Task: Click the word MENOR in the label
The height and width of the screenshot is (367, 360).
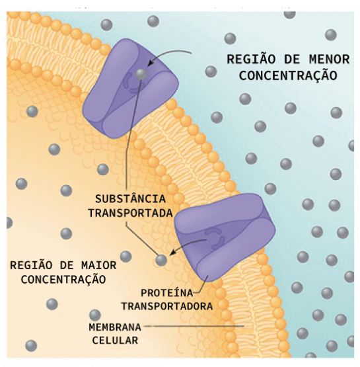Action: (x=329, y=60)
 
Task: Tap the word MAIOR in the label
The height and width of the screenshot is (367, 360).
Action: (x=99, y=265)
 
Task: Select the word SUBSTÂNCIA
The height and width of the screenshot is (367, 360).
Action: (x=130, y=199)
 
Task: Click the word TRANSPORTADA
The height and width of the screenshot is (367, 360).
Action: (x=130, y=213)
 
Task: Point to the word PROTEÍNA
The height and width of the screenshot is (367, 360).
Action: (x=167, y=293)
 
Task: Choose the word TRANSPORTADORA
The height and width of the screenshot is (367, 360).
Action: (x=167, y=306)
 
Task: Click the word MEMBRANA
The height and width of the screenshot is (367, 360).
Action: (x=115, y=327)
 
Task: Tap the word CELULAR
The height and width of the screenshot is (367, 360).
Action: (x=115, y=341)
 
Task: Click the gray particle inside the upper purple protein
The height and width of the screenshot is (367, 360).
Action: (x=141, y=74)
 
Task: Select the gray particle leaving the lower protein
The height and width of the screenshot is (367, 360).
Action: (x=161, y=260)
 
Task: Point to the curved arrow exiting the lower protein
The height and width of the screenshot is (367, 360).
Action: (x=187, y=244)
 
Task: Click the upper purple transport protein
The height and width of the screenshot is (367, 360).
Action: (x=131, y=89)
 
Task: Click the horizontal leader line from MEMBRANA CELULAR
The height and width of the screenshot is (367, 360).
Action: (x=194, y=326)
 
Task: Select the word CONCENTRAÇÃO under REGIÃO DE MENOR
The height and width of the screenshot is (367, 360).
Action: (x=288, y=76)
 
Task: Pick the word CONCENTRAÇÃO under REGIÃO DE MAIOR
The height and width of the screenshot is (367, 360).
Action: (x=63, y=280)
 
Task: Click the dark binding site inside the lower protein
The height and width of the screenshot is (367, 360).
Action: (x=215, y=238)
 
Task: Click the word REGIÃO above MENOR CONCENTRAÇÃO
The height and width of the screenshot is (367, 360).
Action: (x=251, y=59)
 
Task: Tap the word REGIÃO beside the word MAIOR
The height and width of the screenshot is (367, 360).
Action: (x=31, y=265)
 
